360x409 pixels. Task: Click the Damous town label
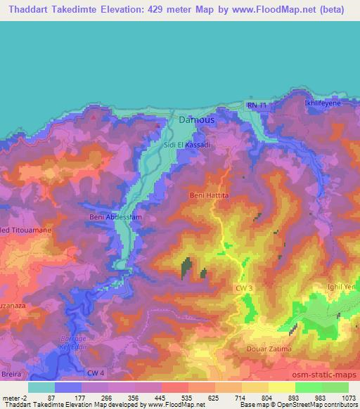(x=196, y=120)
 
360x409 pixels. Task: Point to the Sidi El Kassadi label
(x=186, y=144)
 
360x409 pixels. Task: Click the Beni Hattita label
(x=210, y=195)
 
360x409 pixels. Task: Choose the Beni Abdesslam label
(x=116, y=217)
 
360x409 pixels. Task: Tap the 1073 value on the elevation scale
(x=348, y=398)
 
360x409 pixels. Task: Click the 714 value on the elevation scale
(x=239, y=398)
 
